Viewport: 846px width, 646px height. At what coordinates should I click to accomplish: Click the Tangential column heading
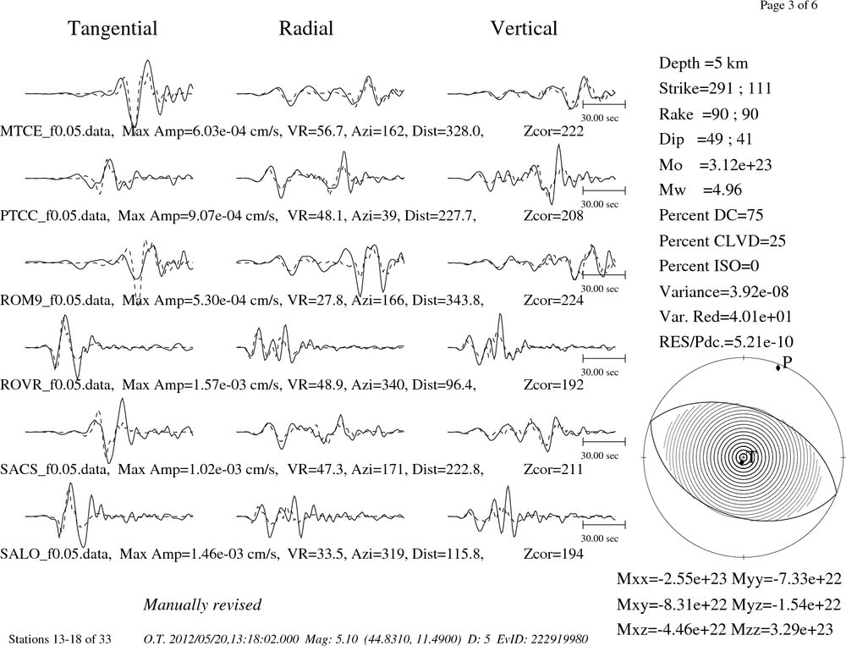(113, 29)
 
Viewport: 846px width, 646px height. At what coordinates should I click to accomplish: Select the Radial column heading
(306, 29)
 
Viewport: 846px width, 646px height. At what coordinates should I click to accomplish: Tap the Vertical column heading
(524, 29)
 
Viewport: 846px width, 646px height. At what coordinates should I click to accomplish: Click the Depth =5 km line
(703, 63)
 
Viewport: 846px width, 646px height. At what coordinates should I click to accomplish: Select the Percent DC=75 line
(711, 216)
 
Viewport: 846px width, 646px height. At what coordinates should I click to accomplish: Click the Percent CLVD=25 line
(722, 241)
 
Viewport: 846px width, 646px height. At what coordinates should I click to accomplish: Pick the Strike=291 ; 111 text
(716, 89)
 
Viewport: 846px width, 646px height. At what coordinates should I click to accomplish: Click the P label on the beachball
(787, 362)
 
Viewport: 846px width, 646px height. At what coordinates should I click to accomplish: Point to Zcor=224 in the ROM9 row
(553, 301)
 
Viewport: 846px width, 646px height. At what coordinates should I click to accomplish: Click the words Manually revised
(202, 605)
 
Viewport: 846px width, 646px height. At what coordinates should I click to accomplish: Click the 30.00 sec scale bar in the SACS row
(604, 442)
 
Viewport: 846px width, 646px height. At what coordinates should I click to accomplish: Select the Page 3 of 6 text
(788, 5)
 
